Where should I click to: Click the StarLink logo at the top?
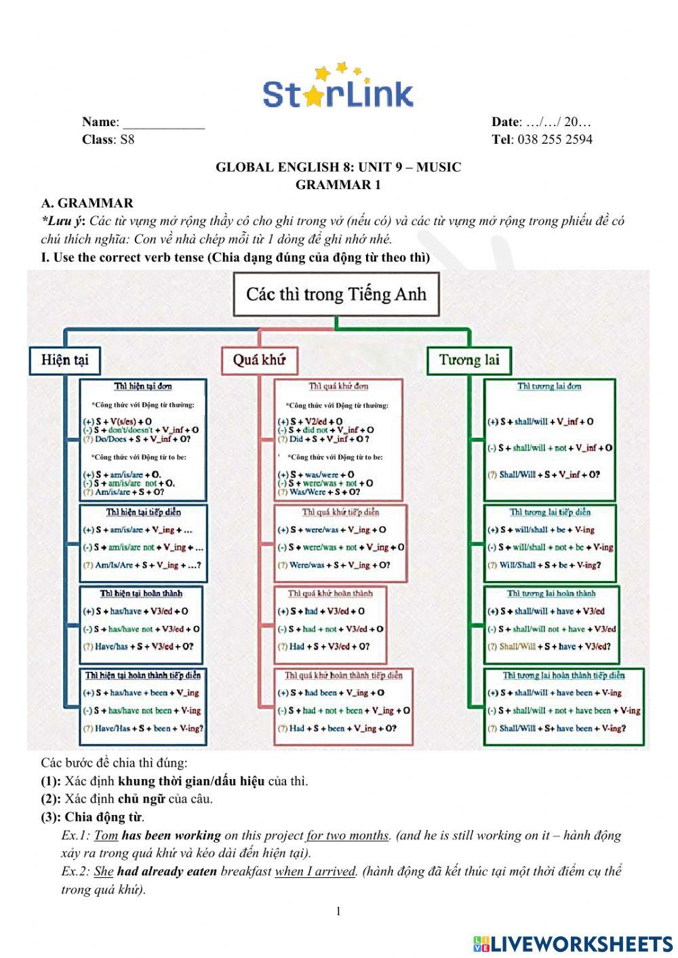[x=338, y=88]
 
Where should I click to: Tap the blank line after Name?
[x=163, y=123]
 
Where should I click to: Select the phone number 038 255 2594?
[x=555, y=140]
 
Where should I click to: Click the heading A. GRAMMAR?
[x=87, y=203]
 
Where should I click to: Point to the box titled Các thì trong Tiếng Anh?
[x=336, y=294]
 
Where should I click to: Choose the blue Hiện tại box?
[x=64, y=360]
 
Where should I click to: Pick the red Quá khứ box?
[x=259, y=360]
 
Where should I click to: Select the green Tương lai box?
[x=468, y=360]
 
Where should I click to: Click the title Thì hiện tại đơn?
[x=142, y=386]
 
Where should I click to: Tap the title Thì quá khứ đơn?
[x=338, y=386]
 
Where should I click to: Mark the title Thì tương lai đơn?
[x=549, y=386]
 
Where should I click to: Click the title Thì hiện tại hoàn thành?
[x=141, y=594]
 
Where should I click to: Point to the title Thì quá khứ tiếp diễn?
[x=340, y=513]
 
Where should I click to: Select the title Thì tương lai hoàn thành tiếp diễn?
[x=563, y=675]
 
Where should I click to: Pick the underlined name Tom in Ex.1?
[x=106, y=836]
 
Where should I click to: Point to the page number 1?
[x=338, y=911]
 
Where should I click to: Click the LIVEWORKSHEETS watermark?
[x=573, y=944]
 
